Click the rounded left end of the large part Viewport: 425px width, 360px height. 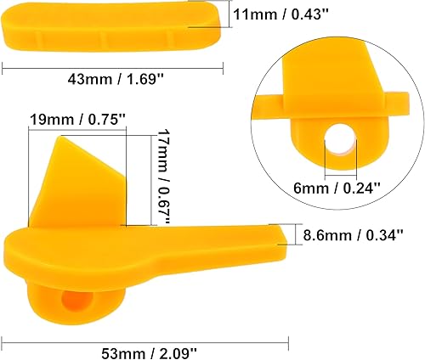(x=21, y=250)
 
